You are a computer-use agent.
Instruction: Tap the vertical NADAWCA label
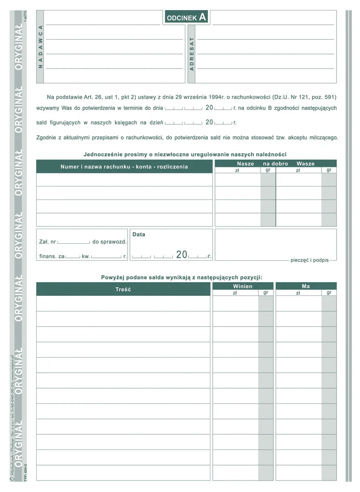click(x=40, y=47)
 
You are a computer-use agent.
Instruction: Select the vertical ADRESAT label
click(x=192, y=54)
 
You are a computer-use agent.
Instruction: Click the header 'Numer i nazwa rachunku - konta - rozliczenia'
click(x=124, y=167)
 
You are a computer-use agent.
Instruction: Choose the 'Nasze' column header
click(x=245, y=164)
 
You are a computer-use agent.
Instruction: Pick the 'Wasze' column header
click(x=305, y=164)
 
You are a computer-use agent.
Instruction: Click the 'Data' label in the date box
click(x=139, y=235)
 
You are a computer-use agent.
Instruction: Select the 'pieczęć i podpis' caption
click(x=309, y=260)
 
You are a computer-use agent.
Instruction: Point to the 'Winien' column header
click(x=242, y=286)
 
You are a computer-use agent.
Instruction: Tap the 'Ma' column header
click(x=306, y=286)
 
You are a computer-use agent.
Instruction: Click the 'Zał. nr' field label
click(x=48, y=242)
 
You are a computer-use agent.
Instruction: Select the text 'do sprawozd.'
click(x=110, y=242)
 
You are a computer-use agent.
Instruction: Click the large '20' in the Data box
click(x=182, y=255)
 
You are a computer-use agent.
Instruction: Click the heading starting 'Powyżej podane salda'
click(x=182, y=277)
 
